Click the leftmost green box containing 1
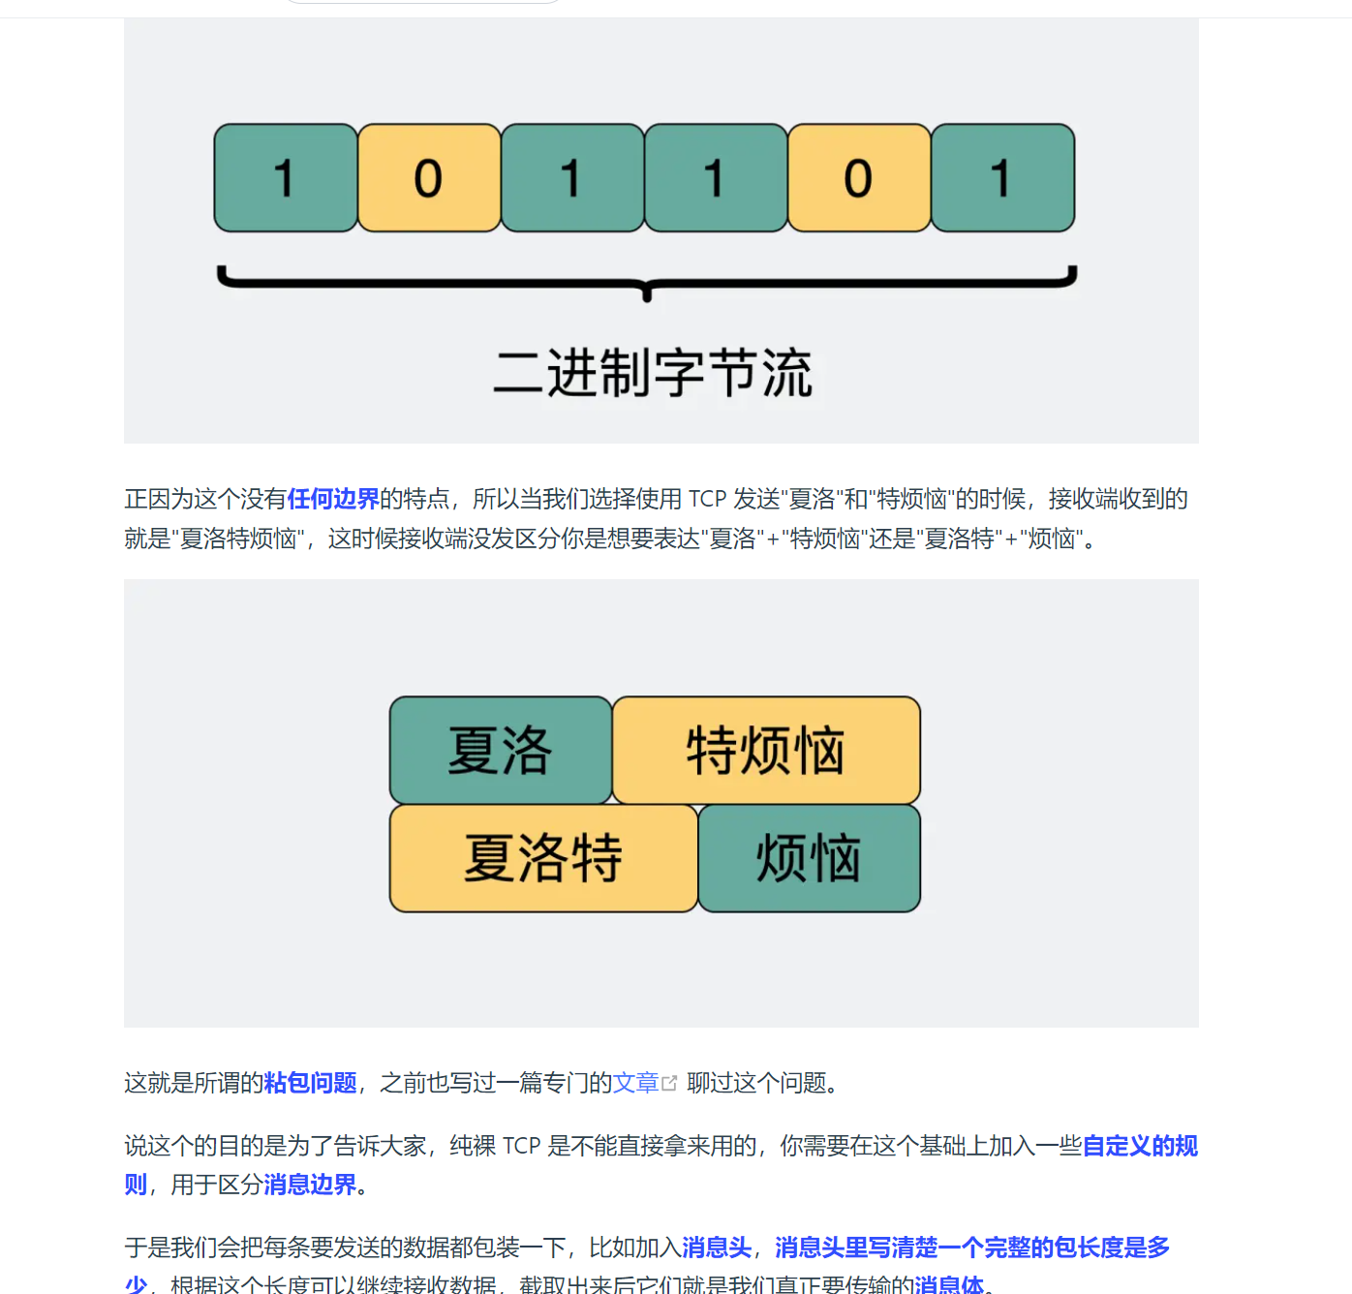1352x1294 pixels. tap(286, 178)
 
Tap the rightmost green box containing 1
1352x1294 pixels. tap(1002, 178)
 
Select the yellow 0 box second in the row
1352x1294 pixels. tap(429, 178)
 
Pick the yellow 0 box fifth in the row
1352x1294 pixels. tap(859, 178)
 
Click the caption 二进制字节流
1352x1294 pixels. tap(653, 373)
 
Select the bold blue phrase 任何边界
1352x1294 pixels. tap(333, 499)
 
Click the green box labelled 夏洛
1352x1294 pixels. tap(500, 751)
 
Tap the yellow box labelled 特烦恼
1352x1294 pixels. tap(766, 751)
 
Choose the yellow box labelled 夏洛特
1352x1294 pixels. tap(543, 858)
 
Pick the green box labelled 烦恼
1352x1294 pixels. tap(809, 858)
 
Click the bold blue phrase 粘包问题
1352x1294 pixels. tap(310, 1083)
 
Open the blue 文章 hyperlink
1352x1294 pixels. tap(635, 1083)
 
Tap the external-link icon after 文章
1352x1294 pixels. tap(669, 1083)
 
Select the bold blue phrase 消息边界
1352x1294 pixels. tap(310, 1185)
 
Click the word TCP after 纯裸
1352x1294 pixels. tap(521, 1146)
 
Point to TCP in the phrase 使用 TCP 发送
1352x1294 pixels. tap(707, 499)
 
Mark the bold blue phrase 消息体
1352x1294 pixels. tap(949, 1285)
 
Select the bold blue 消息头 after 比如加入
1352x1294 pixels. tap(717, 1248)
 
